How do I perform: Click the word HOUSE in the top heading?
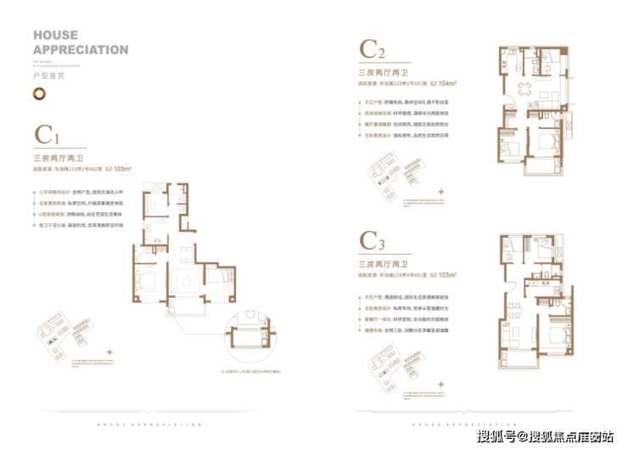[x=55, y=36]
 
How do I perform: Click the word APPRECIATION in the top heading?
[x=81, y=49]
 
